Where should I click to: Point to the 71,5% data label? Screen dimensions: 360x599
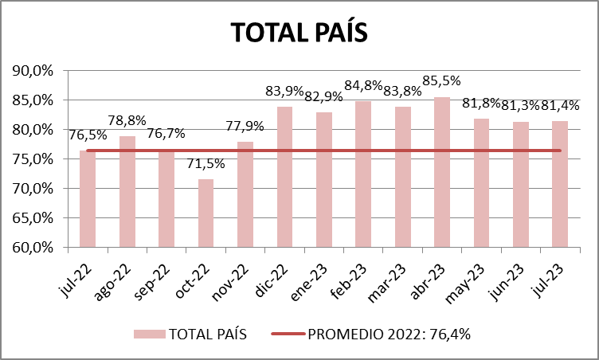coord(206,165)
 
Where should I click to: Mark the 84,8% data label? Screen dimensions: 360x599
coord(363,85)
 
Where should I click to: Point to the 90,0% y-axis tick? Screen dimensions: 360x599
coord(33,71)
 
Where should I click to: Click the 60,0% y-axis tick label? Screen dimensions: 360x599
coord(33,247)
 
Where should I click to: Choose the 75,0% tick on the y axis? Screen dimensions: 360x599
coord(33,159)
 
